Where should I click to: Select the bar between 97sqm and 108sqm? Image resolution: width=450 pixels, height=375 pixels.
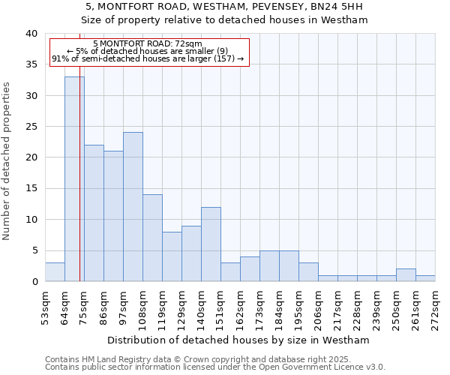click(x=133, y=207)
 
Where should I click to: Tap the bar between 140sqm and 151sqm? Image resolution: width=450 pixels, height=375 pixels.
click(x=211, y=244)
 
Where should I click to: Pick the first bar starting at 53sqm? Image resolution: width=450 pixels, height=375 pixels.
click(x=55, y=272)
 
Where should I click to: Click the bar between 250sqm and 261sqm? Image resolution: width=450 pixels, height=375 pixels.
click(x=406, y=275)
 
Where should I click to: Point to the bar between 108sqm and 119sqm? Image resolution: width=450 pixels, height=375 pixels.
click(x=152, y=238)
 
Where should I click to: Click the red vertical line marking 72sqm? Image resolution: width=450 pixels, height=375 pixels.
click(x=79, y=165)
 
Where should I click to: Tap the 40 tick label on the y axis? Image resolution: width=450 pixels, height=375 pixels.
click(x=31, y=34)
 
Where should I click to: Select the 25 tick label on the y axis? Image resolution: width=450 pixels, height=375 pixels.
click(x=31, y=127)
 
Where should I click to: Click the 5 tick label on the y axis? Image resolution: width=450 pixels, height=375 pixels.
click(x=34, y=250)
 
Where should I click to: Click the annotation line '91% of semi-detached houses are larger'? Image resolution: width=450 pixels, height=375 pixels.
click(x=148, y=58)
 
